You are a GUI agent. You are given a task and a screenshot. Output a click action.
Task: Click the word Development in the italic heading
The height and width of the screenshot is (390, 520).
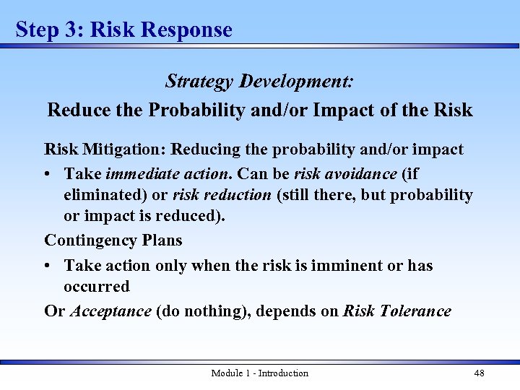[296, 80]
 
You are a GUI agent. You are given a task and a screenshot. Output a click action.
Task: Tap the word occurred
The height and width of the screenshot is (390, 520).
[96, 286]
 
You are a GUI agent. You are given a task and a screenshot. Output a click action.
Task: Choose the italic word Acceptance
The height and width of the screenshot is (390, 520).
[110, 311]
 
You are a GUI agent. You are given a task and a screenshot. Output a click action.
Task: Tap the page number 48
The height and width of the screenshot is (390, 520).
[479, 373]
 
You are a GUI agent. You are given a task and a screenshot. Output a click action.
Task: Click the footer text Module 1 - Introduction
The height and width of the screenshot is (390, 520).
[259, 373]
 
